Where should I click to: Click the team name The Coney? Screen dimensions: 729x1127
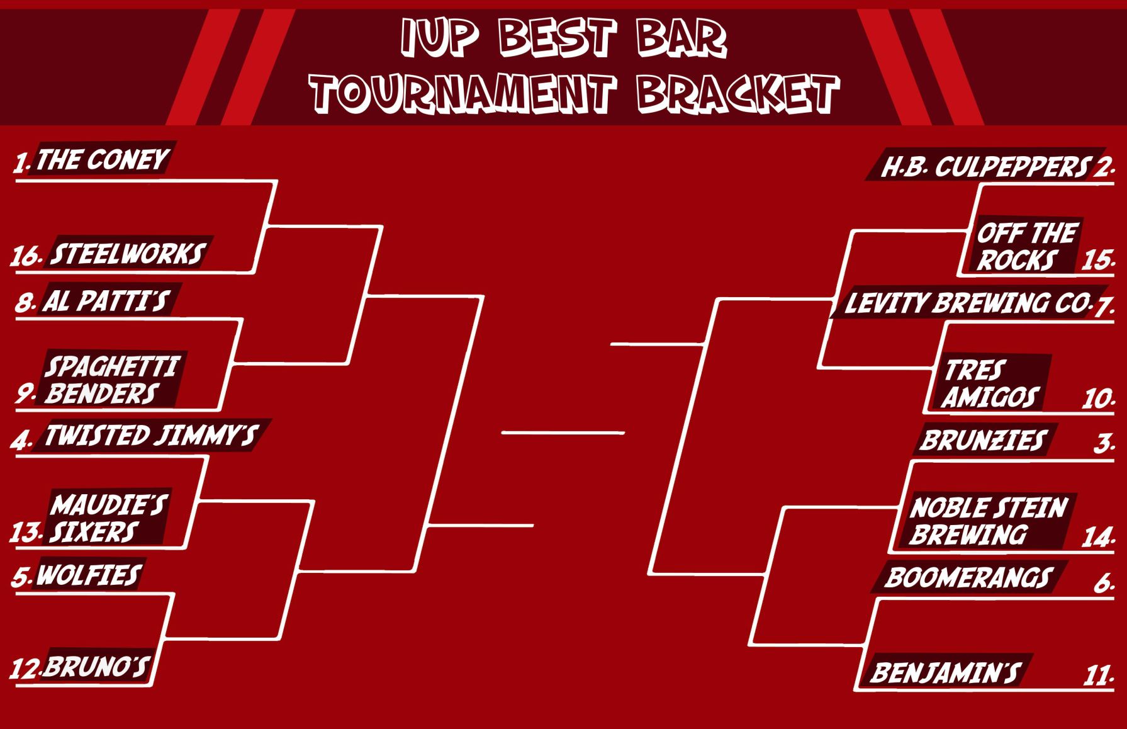[x=103, y=160]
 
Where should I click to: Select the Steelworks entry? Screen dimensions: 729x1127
[x=127, y=254]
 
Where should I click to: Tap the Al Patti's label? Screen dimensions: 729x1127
[x=106, y=302]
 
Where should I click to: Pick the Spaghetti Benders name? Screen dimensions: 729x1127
[x=110, y=380]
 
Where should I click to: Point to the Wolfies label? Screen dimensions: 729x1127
[x=89, y=575]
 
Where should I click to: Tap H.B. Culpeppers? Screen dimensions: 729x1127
[x=985, y=167]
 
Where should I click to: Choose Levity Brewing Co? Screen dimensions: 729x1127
[x=967, y=303]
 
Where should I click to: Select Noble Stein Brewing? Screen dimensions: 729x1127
[x=988, y=521]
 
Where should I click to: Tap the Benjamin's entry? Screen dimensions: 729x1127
[x=945, y=673]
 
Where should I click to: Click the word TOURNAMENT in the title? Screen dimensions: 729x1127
[x=463, y=93]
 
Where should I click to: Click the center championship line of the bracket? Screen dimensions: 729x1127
[x=563, y=432]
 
